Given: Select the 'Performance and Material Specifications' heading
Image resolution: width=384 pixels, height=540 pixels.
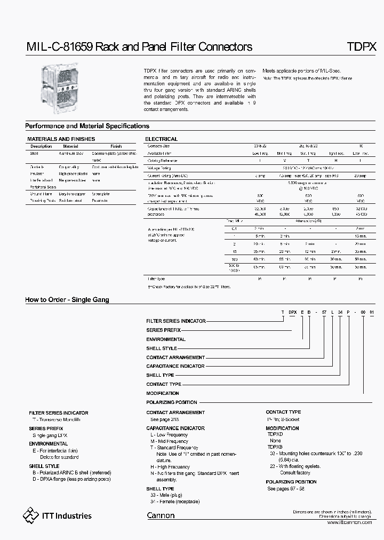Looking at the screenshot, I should (x=87, y=126).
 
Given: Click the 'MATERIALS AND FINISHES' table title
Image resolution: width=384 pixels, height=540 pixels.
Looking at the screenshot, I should (x=61, y=139).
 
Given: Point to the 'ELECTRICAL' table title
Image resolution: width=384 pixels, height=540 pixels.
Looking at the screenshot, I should (x=161, y=139).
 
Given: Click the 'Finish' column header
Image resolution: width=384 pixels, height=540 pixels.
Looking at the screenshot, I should (x=116, y=146).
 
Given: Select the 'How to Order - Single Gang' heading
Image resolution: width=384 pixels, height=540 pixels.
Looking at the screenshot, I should (x=67, y=299).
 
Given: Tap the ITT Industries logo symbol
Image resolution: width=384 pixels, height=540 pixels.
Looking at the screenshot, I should (x=31, y=515).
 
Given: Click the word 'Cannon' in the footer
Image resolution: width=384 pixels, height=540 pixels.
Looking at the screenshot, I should (x=161, y=515).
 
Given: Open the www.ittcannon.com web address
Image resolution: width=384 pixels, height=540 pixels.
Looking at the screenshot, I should (x=350, y=522).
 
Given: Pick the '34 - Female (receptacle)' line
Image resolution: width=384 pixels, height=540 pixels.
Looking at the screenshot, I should (x=175, y=502).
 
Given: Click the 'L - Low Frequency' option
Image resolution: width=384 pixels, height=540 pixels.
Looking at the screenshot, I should (x=170, y=435).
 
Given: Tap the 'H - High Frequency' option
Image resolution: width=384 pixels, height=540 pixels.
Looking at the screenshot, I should (x=170, y=467).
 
